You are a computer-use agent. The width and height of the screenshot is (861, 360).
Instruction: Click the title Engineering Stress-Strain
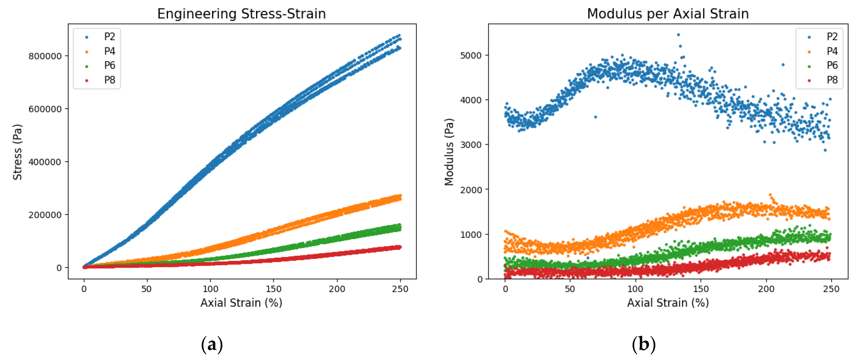(241, 14)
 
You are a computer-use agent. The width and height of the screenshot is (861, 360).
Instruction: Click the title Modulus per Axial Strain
(667, 14)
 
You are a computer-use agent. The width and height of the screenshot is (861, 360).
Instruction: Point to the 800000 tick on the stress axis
(45, 56)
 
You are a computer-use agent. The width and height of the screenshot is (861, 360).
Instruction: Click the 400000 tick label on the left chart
(45, 162)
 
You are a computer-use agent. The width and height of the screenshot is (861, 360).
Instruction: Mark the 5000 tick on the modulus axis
(471, 56)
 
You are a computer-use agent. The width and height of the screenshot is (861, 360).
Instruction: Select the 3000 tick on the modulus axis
(471, 145)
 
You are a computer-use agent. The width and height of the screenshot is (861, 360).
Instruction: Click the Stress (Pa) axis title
(17, 152)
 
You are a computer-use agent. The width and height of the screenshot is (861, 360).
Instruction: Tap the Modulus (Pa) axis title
(449, 152)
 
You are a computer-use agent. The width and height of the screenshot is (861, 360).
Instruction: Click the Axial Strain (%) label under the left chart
(241, 303)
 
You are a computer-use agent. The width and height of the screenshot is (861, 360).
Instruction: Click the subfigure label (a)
(212, 344)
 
